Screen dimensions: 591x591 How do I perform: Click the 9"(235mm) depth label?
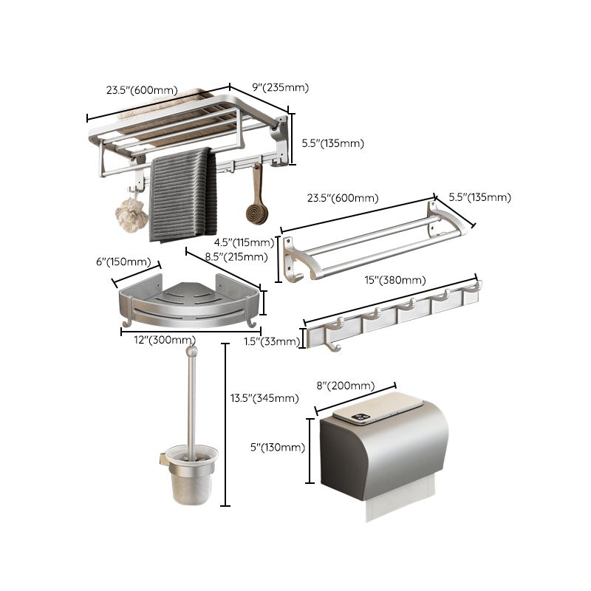tap(280, 87)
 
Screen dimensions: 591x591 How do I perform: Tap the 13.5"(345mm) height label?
tap(264, 398)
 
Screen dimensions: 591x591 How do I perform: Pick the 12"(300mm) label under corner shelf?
tap(149, 339)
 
